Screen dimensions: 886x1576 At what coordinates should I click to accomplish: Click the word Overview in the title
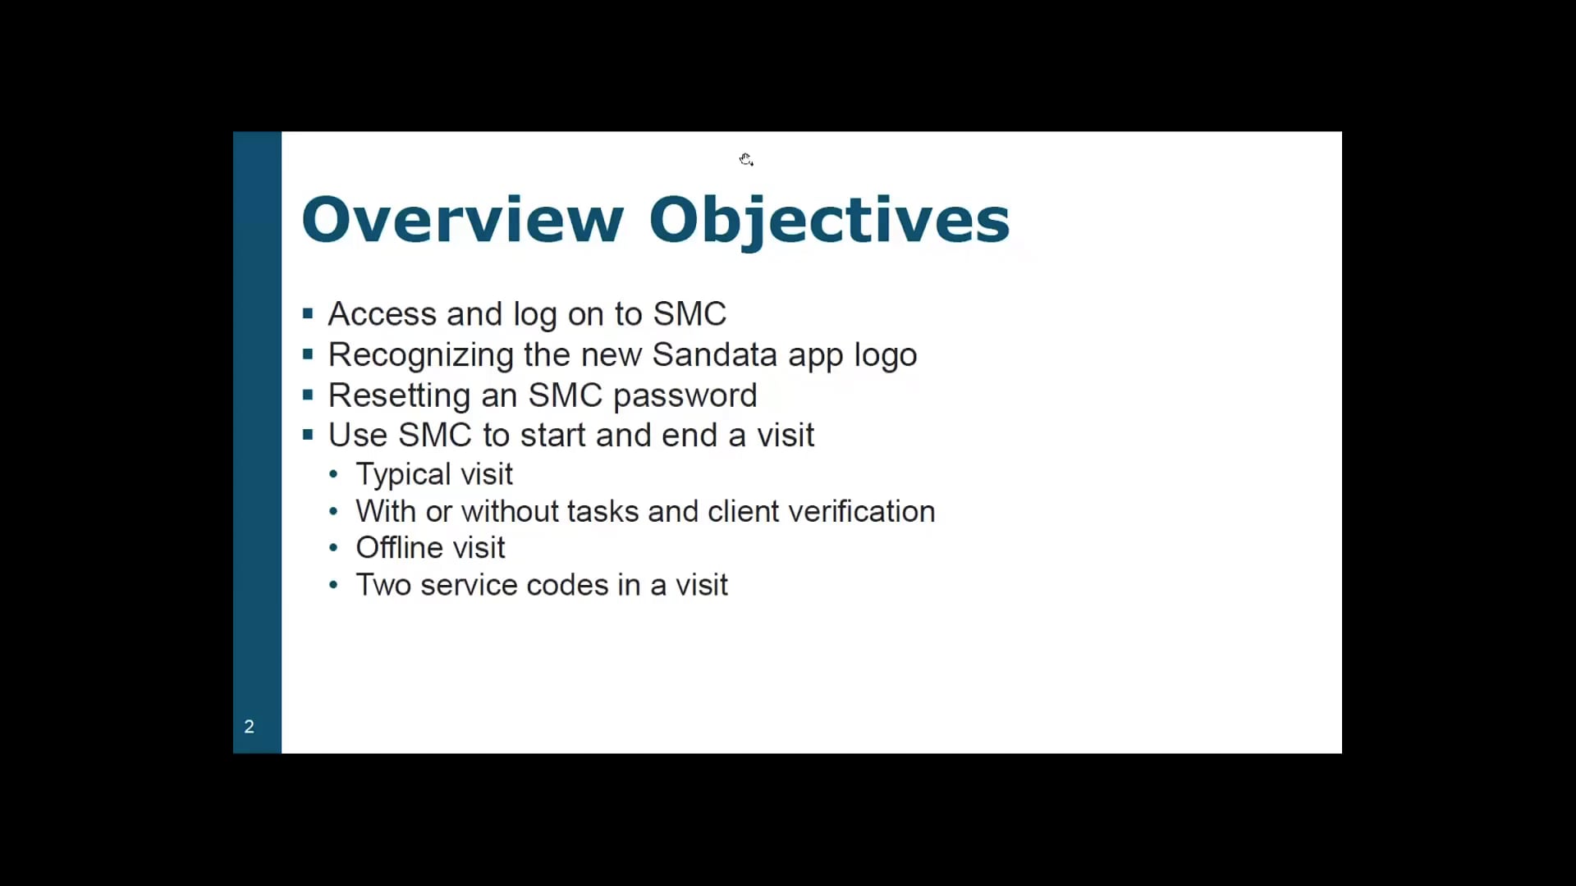click(462, 220)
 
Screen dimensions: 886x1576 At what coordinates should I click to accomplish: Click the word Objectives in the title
click(829, 220)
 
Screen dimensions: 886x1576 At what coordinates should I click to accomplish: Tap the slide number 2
click(249, 727)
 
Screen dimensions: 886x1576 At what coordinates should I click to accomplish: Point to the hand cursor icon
click(745, 159)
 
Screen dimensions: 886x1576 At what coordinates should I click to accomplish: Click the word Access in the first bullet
click(382, 314)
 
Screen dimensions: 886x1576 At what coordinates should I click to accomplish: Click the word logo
click(885, 355)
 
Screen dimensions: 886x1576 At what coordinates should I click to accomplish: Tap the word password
click(685, 395)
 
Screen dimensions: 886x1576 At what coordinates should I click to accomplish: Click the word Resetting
click(399, 395)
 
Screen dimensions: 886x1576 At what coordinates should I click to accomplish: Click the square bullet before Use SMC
click(308, 435)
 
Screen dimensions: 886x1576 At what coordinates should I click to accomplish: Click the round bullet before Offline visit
click(332, 548)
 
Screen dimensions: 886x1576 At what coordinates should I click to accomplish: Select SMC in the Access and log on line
click(689, 314)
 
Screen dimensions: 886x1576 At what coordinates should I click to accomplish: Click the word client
click(743, 512)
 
